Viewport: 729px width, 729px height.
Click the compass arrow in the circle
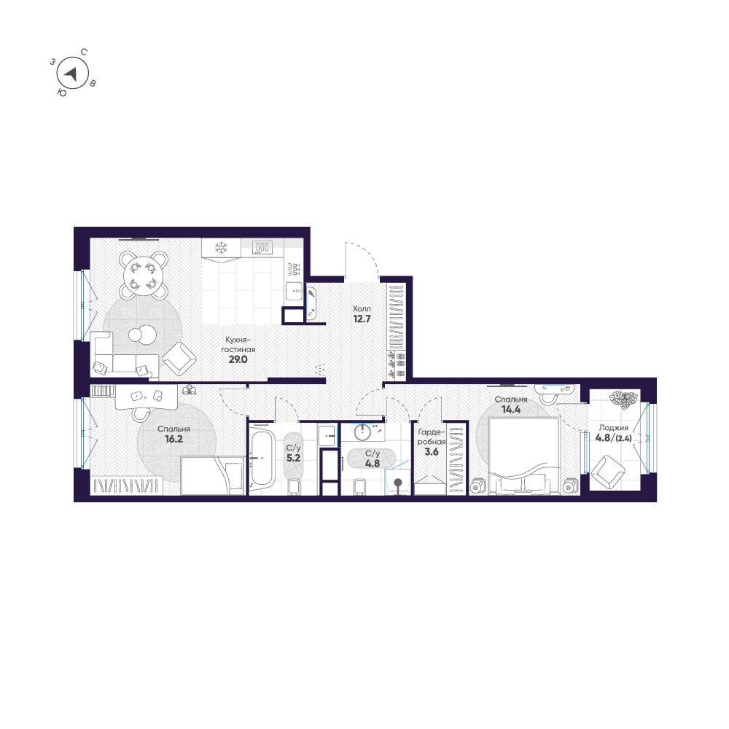tap(71, 73)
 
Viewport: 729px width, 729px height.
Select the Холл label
tap(362, 308)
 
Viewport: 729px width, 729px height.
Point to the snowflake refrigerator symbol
tap(220, 248)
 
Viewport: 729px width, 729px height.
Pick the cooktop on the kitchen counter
tap(262, 247)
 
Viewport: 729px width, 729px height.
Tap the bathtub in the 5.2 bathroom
tap(261, 459)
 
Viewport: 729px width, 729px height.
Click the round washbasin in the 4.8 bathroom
tap(363, 432)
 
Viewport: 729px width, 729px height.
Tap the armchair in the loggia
tap(606, 472)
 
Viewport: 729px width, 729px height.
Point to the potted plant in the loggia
tap(623, 400)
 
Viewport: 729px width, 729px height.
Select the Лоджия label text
tap(609, 429)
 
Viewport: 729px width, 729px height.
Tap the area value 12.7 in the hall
tap(362, 319)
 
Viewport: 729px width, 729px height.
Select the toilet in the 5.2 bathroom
tap(295, 486)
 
